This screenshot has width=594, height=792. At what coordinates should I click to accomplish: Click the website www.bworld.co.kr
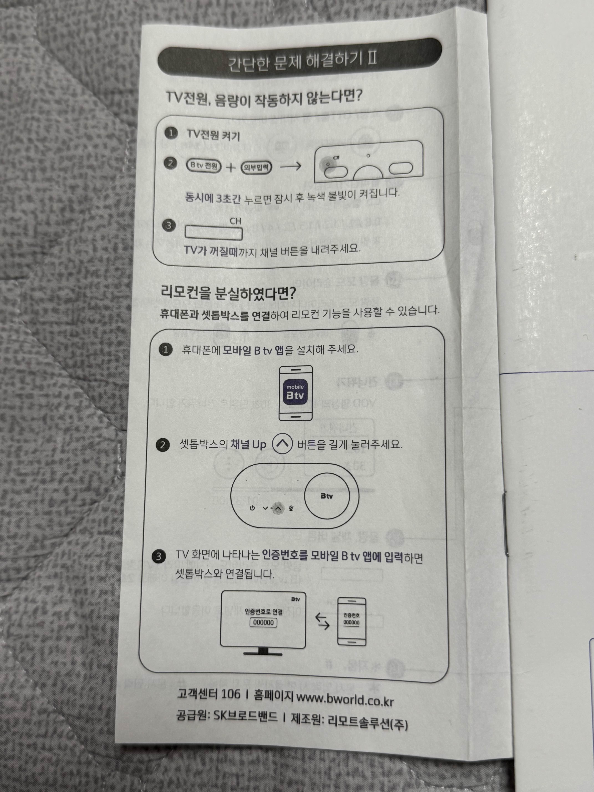tap(345, 699)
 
